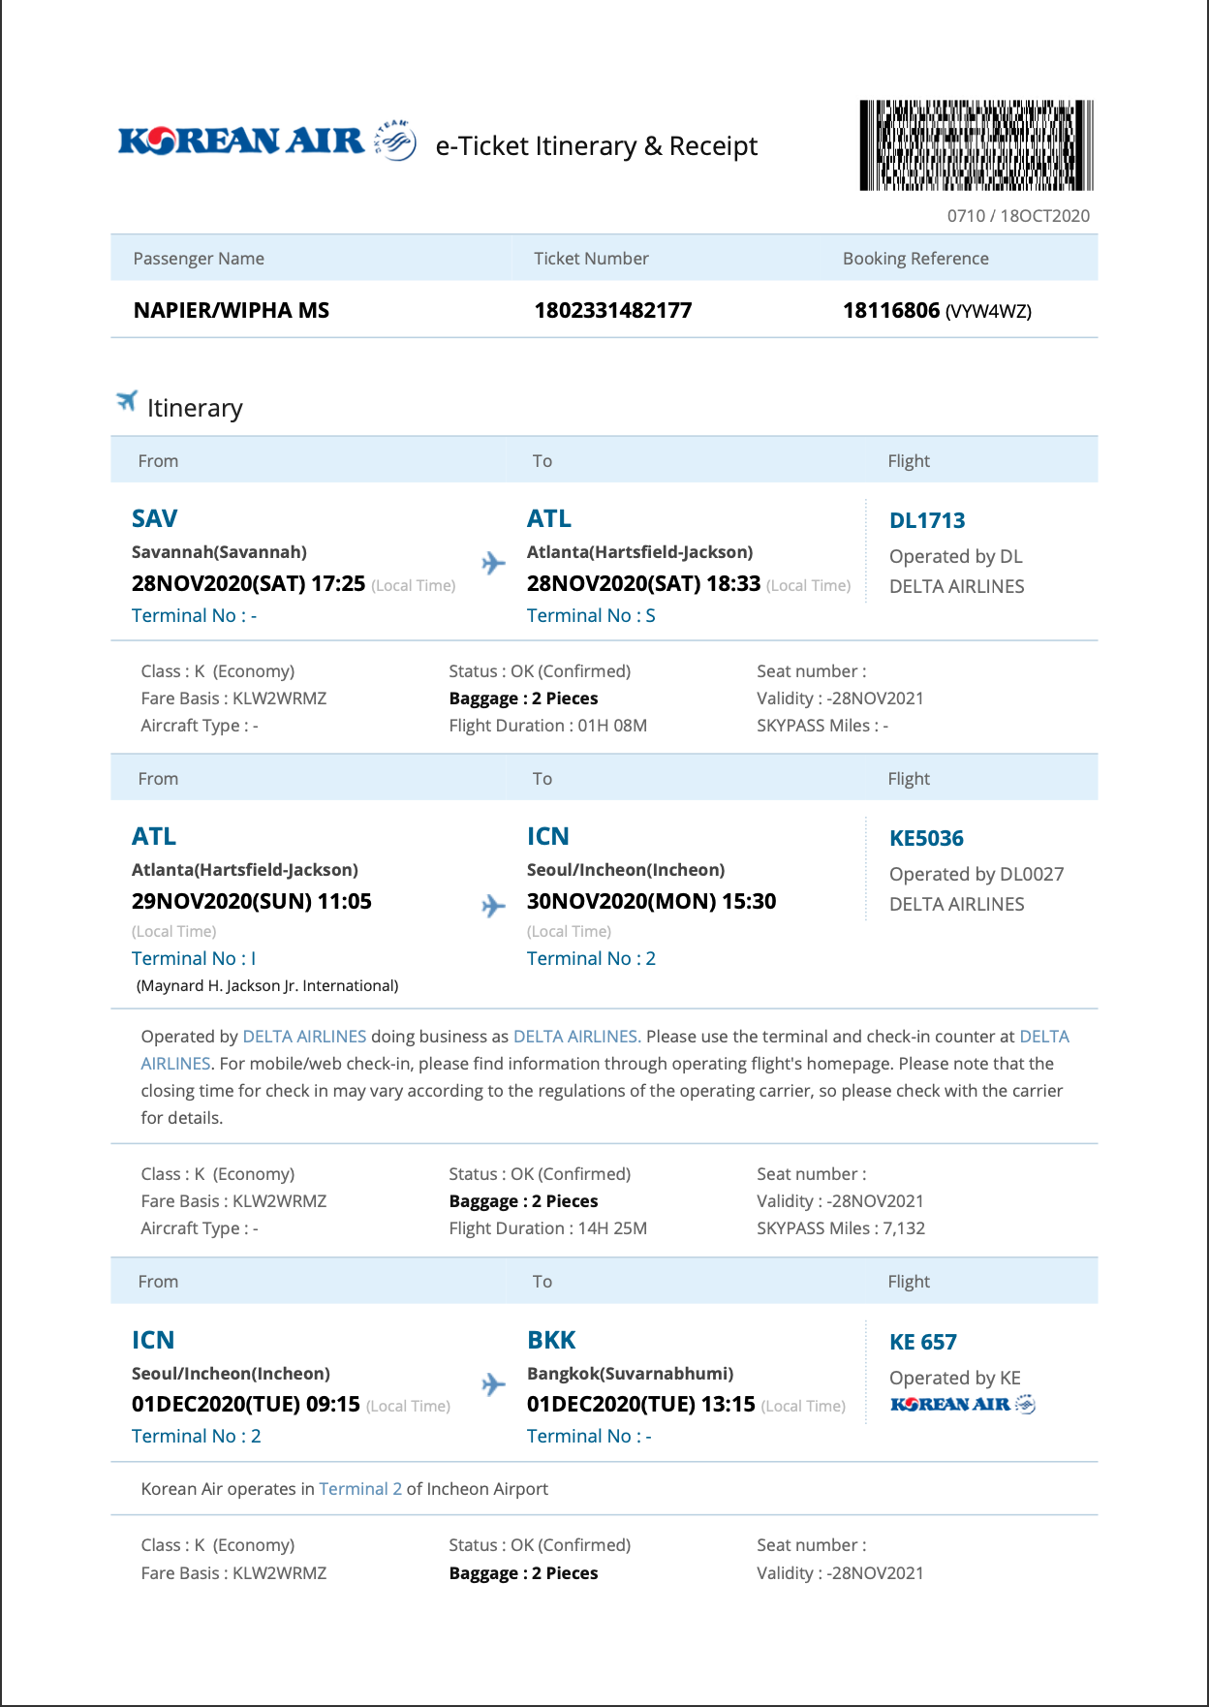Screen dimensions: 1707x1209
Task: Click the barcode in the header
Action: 976,145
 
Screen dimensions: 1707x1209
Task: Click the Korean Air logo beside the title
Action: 266,142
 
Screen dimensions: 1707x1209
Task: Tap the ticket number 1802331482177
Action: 612,311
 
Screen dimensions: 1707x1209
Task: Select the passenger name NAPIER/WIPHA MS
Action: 231,311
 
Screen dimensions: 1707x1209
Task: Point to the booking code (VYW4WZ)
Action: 988,312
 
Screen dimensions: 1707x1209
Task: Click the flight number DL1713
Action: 927,521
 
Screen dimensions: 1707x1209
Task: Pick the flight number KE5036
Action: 926,839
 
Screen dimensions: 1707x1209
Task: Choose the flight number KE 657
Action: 922,1343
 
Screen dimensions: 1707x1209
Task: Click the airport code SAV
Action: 154,519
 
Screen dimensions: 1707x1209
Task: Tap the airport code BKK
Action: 551,1341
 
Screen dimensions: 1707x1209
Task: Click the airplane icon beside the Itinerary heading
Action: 127,401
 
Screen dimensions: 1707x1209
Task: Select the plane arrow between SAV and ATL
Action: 493,563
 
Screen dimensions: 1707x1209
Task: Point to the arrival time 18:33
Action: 733,584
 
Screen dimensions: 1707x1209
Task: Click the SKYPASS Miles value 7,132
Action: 904,1228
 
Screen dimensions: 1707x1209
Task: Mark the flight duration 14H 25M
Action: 612,1228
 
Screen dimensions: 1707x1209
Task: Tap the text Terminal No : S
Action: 591,616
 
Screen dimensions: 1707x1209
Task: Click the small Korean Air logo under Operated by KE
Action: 962,1405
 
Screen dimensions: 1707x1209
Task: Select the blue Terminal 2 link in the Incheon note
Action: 360,1489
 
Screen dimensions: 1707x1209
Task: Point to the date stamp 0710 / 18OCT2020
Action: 1018,216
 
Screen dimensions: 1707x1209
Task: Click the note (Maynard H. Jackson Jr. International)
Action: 267,986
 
